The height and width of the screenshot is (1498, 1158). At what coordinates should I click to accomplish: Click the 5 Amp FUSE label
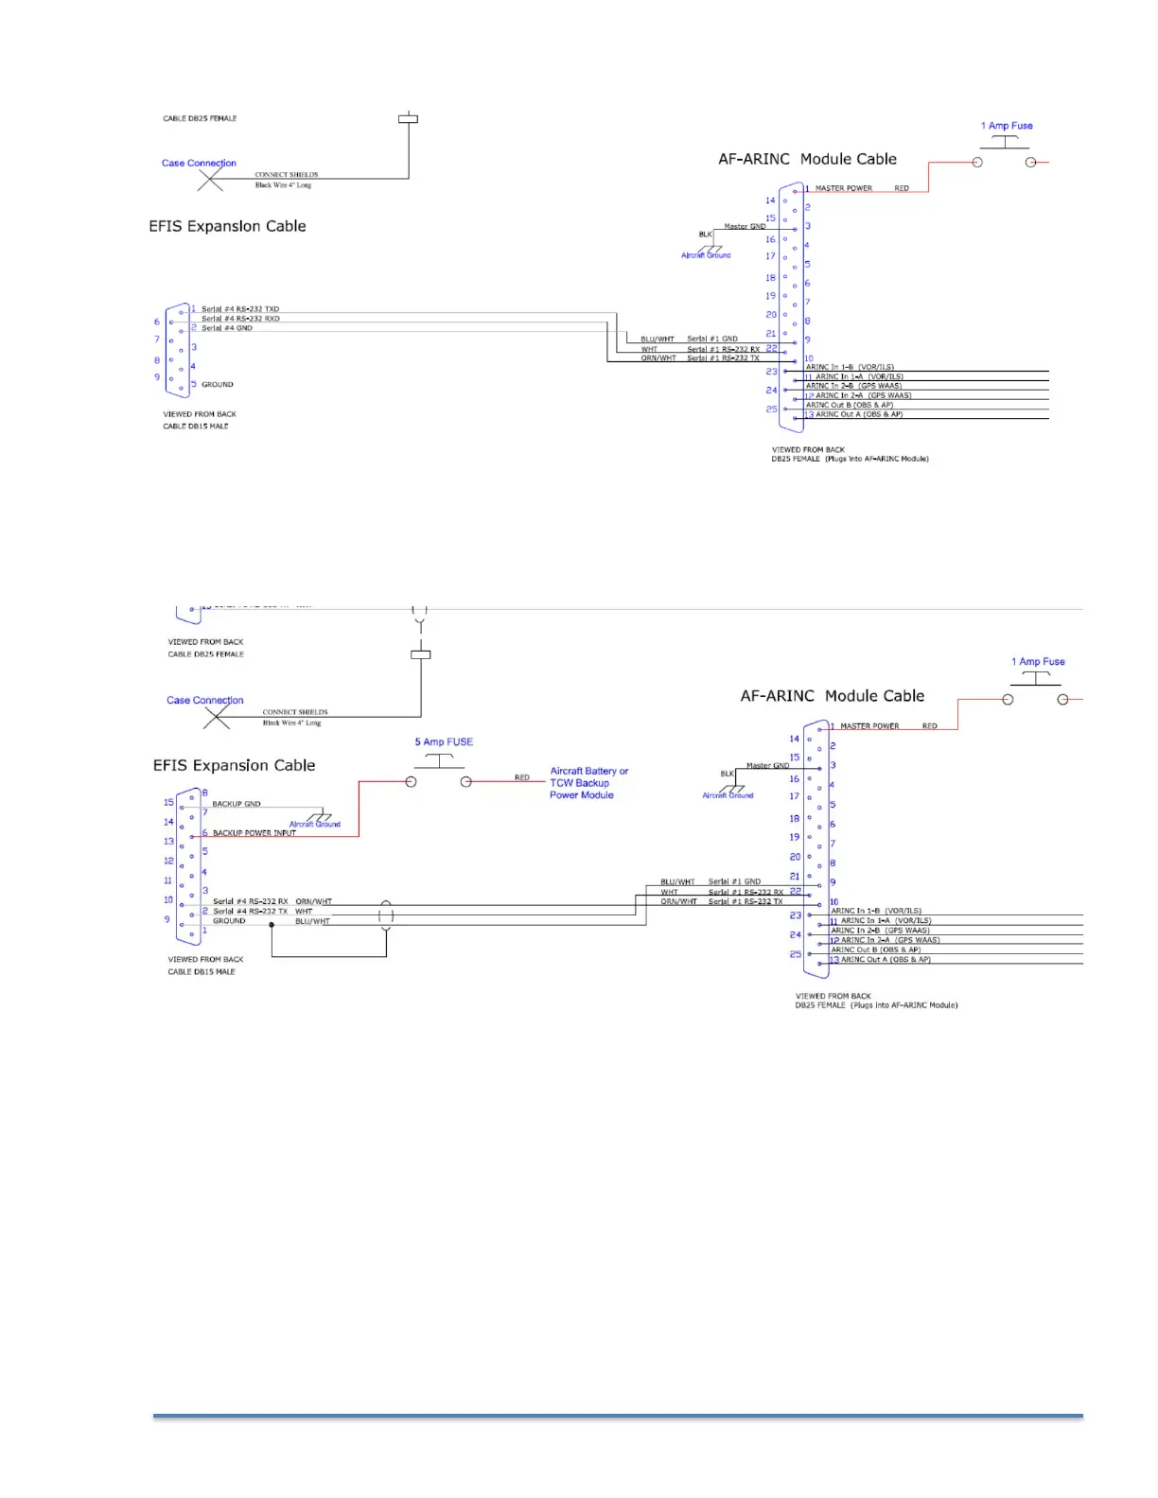click(444, 742)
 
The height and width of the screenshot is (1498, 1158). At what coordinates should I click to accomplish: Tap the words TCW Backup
click(579, 783)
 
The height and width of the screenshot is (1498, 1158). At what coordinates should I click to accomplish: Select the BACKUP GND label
click(237, 804)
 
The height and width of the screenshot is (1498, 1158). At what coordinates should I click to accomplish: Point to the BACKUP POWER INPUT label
click(254, 833)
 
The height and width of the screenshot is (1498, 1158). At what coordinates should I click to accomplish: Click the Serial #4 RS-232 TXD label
click(240, 309)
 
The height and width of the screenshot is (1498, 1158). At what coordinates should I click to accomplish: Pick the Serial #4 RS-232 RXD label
click(240, 319)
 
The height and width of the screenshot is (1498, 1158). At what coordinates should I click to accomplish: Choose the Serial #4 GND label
click(227, 328)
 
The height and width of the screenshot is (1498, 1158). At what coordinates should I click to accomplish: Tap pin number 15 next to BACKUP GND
click(169, 803)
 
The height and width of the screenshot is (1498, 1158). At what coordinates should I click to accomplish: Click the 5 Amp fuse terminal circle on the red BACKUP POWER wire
click(411, 782)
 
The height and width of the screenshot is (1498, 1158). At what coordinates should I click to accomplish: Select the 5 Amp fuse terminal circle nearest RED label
click(465, 782)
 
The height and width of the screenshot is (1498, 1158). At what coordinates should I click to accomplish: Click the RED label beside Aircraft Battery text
click(522, 777)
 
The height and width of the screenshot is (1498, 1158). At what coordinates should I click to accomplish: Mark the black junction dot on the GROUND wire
click(272, 925)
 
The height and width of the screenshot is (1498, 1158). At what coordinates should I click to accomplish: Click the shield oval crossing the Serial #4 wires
click(386, 915)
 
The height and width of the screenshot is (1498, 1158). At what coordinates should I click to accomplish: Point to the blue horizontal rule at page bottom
click(618, 1416)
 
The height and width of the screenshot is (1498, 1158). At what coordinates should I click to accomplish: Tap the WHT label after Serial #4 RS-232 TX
click(304, 912)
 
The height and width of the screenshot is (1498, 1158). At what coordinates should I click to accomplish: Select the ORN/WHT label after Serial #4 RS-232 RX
click(313, 902)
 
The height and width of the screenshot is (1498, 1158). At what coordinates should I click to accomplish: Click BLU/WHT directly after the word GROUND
click(312, 921)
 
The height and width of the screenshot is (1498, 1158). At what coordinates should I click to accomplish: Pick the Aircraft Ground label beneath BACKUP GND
click(314, 825)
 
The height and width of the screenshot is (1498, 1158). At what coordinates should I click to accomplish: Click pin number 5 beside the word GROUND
click(194, 384)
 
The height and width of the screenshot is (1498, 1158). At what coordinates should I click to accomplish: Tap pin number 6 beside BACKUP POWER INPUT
click(204, 833)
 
